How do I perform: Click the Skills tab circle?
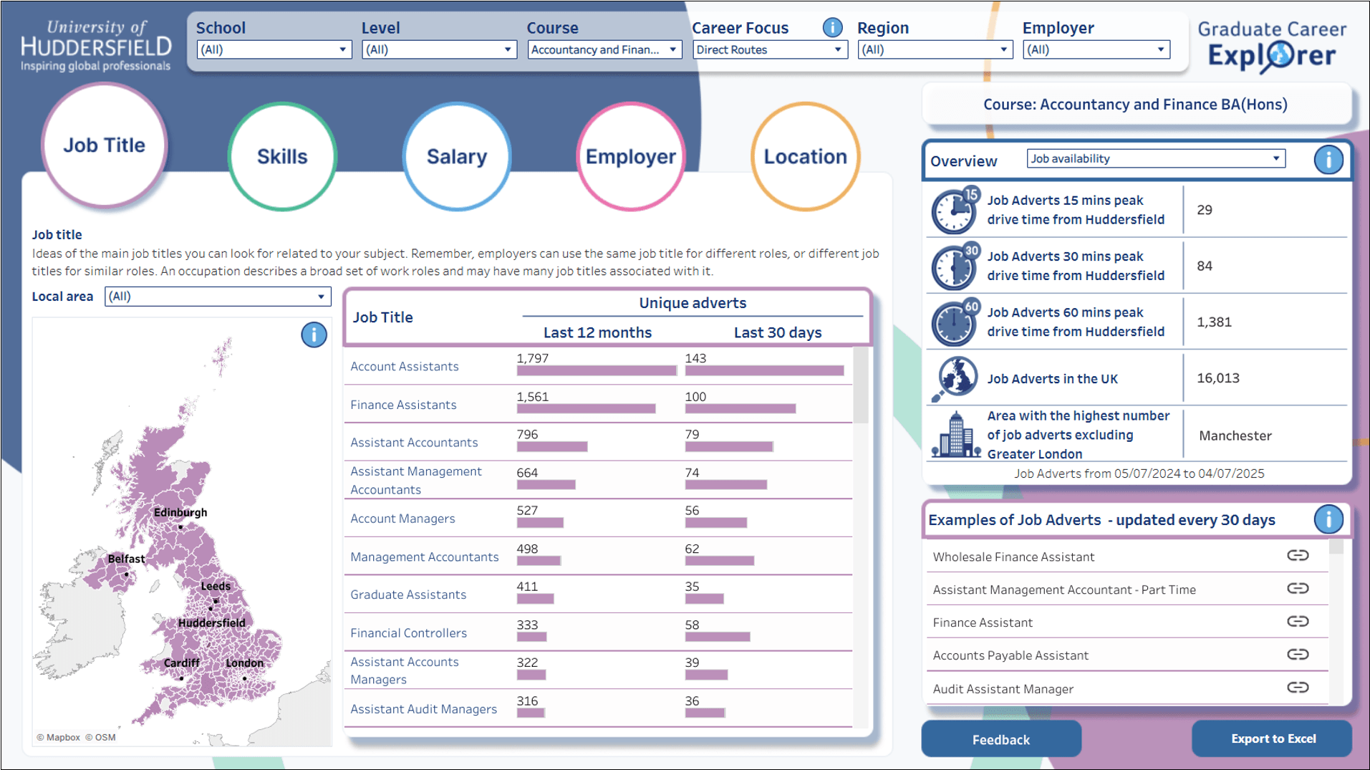click(x=282, y=156)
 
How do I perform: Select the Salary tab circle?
click(x=456, y=156)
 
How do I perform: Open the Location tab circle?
click(x=805, y=156)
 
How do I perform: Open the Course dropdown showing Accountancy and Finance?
click(x=604, y=49)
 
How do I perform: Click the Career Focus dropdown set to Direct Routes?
click(x=769, y=49)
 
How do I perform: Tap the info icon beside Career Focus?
click(x=832, y=28)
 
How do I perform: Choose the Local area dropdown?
click(x=217, y=297)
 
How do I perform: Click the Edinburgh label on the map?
click(x=180, y=513)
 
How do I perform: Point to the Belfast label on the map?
click(x=126, y=559)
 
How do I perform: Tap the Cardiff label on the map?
click(x=181, y=663)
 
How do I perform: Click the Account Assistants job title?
click(x=405, y=367)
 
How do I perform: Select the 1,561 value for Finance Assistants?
click(x=533, y=397)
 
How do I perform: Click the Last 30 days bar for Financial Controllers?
click(x=717, y=637)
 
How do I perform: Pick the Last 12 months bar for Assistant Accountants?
click(x=551, y=447)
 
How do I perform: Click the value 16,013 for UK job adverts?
click(x=1217, y=378)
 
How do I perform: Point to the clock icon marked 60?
click(x=955, y=322)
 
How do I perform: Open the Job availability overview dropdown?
click(x=1155, y=159)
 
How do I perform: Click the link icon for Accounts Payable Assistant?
click(x=1297, y=655)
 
